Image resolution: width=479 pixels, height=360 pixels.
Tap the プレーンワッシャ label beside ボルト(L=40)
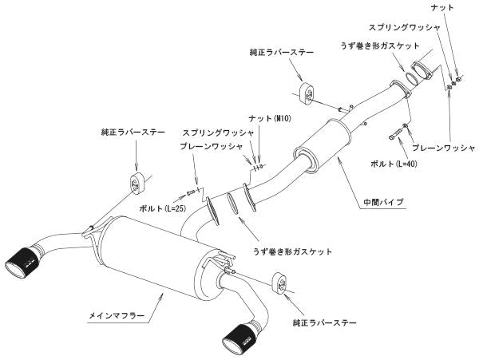[442, 148]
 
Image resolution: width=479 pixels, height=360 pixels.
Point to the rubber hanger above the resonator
[304, 89]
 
